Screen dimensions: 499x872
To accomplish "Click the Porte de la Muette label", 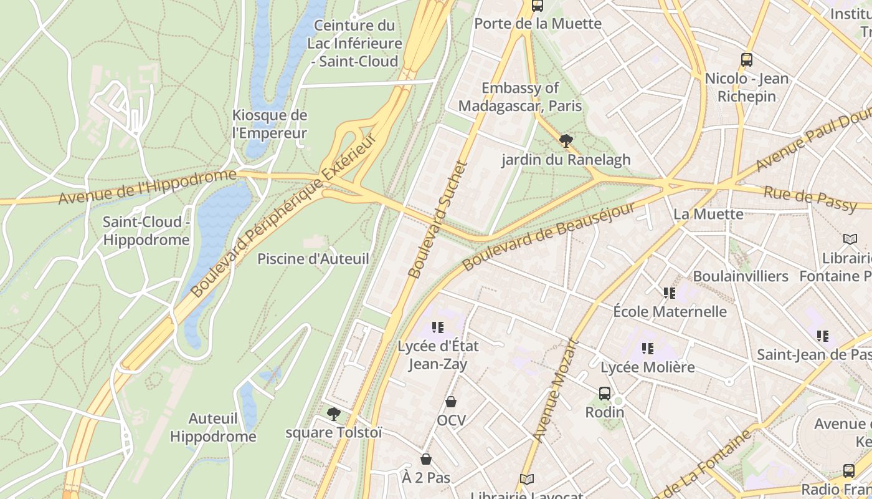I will coord(538,24).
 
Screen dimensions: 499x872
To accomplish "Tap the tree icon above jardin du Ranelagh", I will coord(566,141).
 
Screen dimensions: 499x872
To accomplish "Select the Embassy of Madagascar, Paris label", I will coord(520,97).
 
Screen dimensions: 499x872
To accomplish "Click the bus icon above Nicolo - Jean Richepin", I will coord(747,60).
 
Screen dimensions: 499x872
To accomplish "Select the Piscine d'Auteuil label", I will coord(313,258).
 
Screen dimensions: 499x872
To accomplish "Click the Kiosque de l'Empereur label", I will coord(270,124).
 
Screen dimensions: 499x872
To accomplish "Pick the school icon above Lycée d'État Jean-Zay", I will coord(437,327).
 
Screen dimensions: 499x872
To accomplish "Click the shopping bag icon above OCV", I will coord(450,402).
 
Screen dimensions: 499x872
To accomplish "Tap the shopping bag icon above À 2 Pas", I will coord(426,459).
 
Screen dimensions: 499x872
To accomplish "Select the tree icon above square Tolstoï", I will coord(334,414).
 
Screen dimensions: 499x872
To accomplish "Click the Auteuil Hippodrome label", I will coord(213,427).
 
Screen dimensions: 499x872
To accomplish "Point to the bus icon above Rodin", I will coord(604,393).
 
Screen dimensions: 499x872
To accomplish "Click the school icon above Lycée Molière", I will coord(648,349).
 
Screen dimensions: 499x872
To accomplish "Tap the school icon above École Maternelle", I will coord(670,293).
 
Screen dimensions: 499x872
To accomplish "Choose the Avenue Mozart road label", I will coord(556,390).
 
